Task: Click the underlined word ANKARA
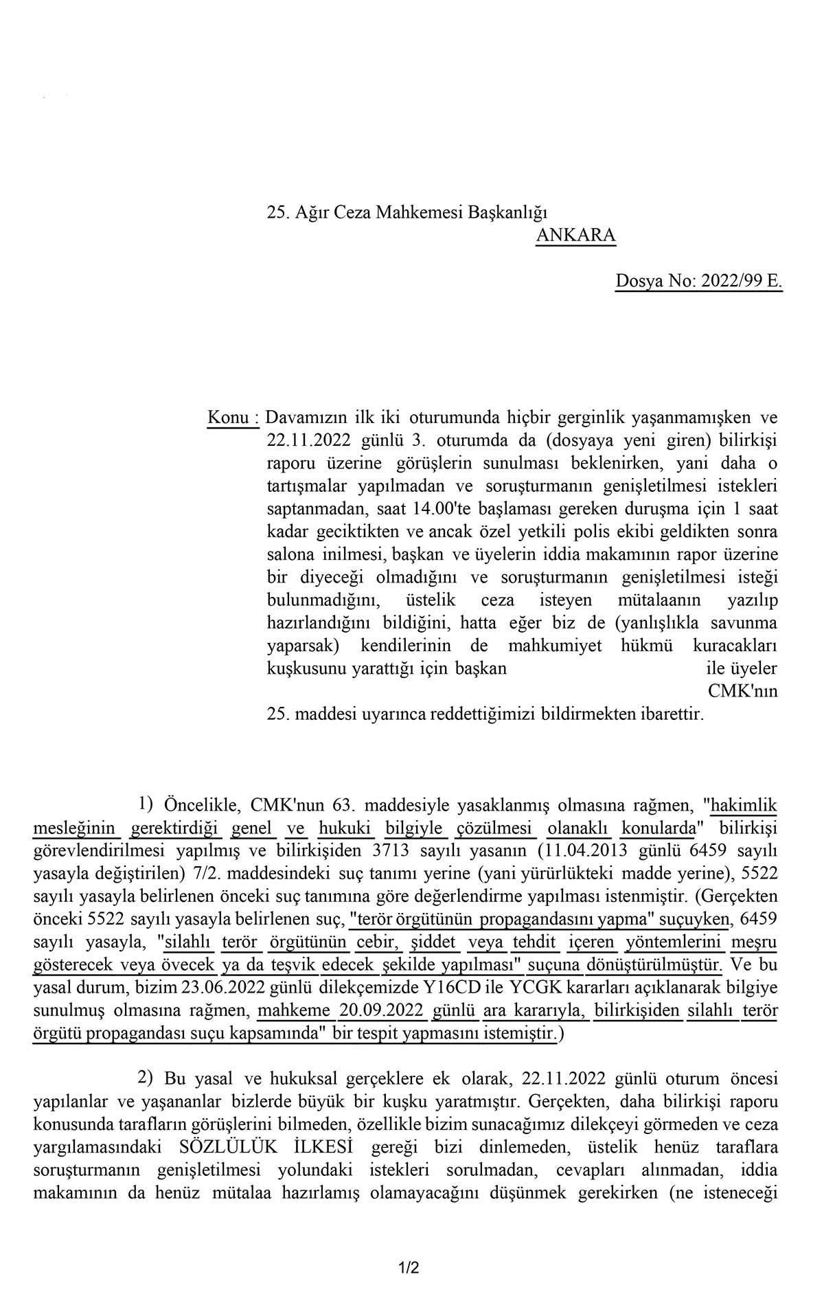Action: point(575,235)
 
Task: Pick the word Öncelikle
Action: point(201,804)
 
